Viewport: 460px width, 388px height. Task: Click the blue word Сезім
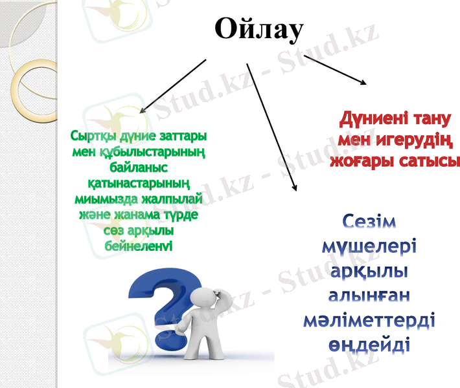(369, 222)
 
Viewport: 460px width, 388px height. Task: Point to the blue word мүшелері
(369, 246)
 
